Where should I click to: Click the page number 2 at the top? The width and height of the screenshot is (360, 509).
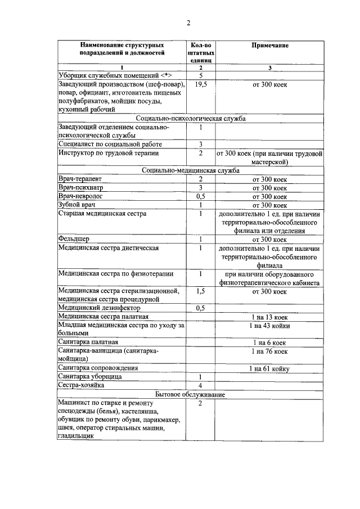click(x=189, y=22)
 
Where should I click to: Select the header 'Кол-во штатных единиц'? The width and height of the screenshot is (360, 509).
click(x=200, y=51)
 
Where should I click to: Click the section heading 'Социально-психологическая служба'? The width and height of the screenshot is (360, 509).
click(x=191, y=119)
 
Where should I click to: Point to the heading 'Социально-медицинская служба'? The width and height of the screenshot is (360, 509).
click(x=191, y=170)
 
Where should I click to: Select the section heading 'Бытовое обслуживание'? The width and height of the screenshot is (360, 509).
click(x=191, y=395)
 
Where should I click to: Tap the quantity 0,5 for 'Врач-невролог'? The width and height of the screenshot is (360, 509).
click(x=200, y=196)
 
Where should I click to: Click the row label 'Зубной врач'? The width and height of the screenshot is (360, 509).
click(x=78, y=205)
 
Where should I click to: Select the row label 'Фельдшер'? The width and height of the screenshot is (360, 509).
click(x=74, y=240)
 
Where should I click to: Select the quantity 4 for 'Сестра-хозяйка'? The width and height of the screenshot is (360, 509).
click(x=200, y=385)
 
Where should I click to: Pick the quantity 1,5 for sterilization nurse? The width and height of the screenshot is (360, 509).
click(x=200, y=291)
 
